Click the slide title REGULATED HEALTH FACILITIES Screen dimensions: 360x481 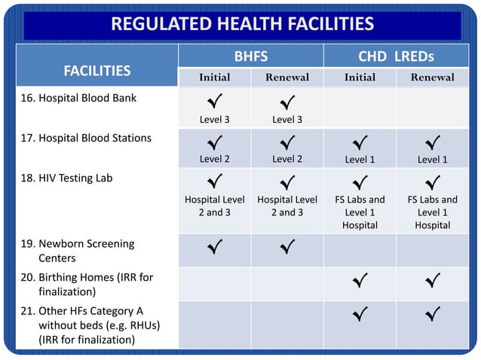(242, 24)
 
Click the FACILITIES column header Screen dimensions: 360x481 (97, 70)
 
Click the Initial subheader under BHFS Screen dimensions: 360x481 (214, 78)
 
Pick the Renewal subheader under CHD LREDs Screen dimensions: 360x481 (433, 78)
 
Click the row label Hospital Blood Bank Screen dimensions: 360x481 (87, 98)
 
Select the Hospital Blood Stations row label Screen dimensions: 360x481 (94, 138)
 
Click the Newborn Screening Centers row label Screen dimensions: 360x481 (86, 251)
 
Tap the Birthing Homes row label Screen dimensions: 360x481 (95, 284)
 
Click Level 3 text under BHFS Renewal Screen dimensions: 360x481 (286, 120)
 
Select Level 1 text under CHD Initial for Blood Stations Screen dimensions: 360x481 (360, 160)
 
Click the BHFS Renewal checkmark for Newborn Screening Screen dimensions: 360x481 (286, 246)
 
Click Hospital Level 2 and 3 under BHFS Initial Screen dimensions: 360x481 (214, 206)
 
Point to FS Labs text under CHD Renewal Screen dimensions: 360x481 (433, 200)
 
